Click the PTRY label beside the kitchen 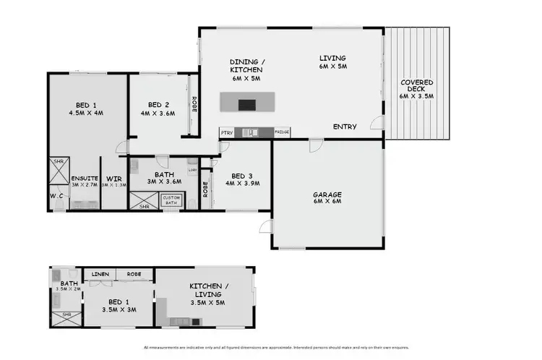pyautogui.click(x=227, y=132)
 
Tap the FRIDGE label pyautogui.click(x=282, y=132)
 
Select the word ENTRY pyautogui.click(x=345, y=127)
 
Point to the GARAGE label pyautogui.click(x=327, y=194)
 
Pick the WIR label pyautogui.click(x=113, y=179)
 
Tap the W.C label pyautogui.click(x=57, y=195)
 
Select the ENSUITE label pyautogui.click(x=84, y=179)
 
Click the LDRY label pyautogui.click(x=192, y=171)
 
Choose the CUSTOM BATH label pyautogui.click(x=171, y=200)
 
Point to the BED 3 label pyautogui.click(x=243, y=176)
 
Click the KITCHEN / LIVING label pyautogui.click(x=209, y=291)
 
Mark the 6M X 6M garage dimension pyautogui.click(x=327, y=201)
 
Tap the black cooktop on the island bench pyautogui.click(x=247, y=104)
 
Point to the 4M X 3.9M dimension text pyautogui.click(x=243, y=184)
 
